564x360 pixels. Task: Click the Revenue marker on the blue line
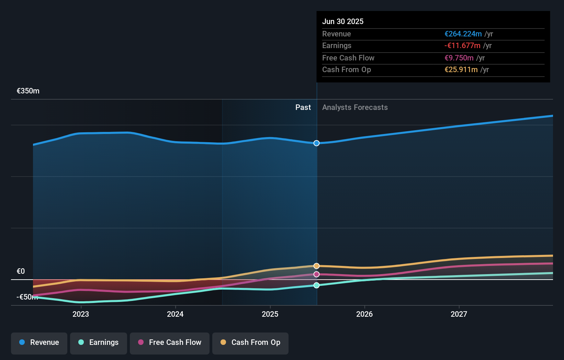316,143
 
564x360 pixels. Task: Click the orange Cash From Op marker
316,266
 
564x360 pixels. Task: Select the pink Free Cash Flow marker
316,274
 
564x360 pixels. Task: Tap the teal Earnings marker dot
316,285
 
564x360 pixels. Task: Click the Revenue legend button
39,342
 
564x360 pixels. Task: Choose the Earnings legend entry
99,342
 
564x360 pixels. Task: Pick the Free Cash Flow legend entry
170,342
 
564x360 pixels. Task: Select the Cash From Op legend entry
250,342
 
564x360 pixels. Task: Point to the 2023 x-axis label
81,314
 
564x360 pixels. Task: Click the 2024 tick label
175,314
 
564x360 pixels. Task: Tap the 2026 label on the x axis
364,314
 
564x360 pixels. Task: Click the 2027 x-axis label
459,314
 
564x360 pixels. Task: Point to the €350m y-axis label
28,91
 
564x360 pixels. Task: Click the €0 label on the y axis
21,271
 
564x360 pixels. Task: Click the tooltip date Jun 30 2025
343,21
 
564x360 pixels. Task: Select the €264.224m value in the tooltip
463,34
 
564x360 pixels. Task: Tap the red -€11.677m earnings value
462,45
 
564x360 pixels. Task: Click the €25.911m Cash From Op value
461,69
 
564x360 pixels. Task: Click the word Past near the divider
303,107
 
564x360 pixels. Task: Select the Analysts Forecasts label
355,107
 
